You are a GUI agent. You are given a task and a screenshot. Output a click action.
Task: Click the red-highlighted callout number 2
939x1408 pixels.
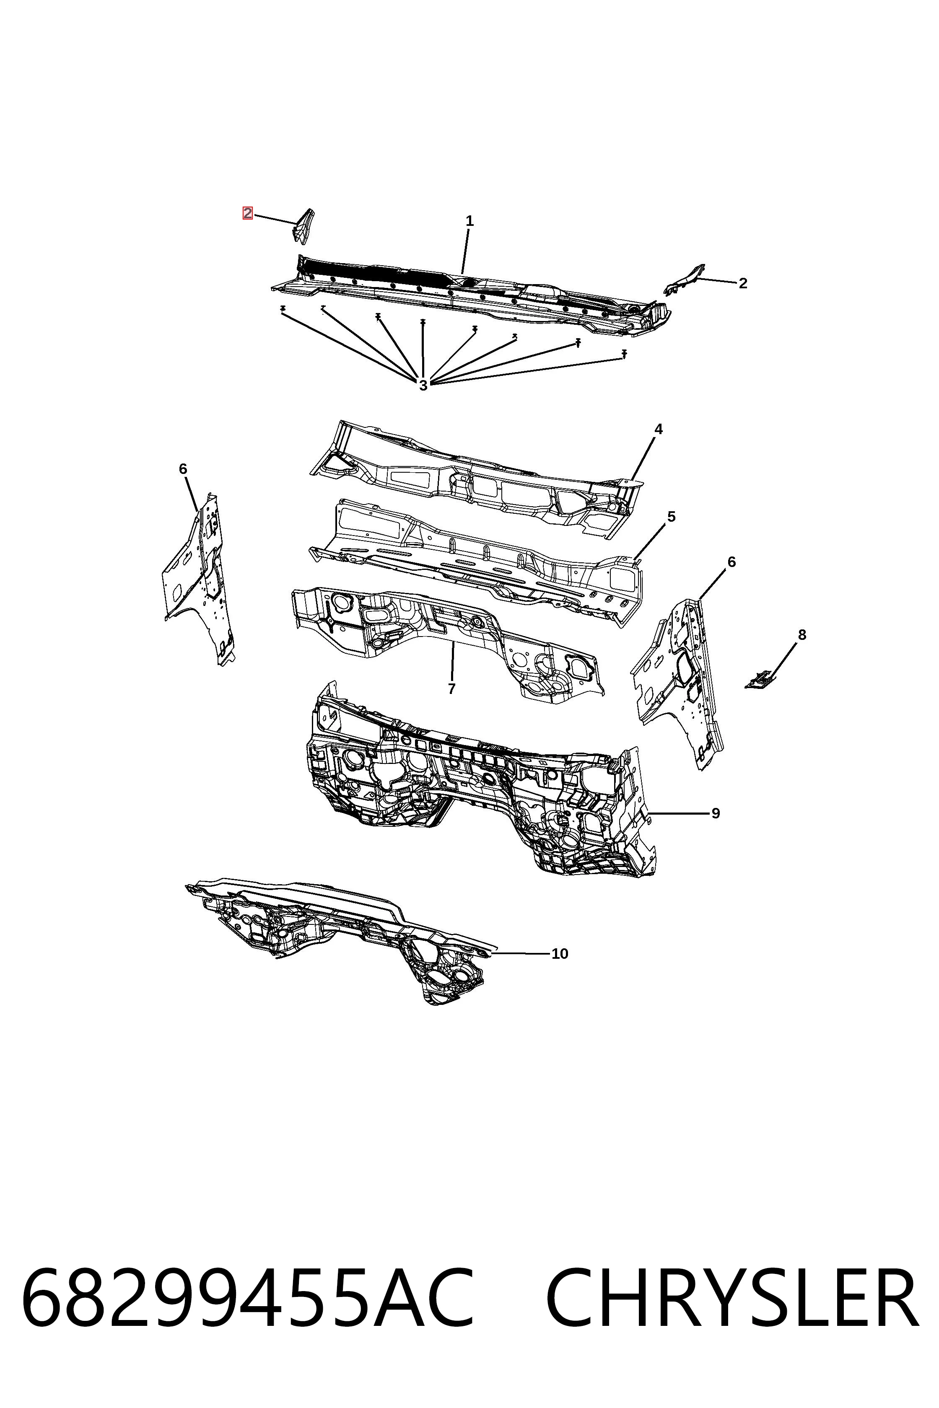(247, 213)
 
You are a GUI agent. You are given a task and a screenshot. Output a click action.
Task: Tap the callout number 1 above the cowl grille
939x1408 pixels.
(469, 221)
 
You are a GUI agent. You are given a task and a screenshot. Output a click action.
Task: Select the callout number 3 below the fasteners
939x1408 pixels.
(423, 386)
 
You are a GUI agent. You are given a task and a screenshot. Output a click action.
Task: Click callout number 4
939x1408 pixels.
(659, 429)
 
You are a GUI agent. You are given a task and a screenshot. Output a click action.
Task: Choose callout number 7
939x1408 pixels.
(451, 689)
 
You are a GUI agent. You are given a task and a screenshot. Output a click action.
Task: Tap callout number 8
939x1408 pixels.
(802, 634)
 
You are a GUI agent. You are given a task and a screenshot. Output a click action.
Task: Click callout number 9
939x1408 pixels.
(716, 813)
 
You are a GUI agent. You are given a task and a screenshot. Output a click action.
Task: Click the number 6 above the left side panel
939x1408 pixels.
(183, 469)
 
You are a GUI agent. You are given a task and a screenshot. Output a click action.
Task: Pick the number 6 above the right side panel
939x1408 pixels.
(731, 562)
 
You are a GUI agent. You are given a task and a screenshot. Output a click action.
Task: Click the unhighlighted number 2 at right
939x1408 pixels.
(743, 283)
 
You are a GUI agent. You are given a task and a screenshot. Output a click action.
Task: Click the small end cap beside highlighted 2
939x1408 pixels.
(303, 226)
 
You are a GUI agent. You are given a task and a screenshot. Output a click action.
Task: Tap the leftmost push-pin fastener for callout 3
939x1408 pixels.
(283, 309)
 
